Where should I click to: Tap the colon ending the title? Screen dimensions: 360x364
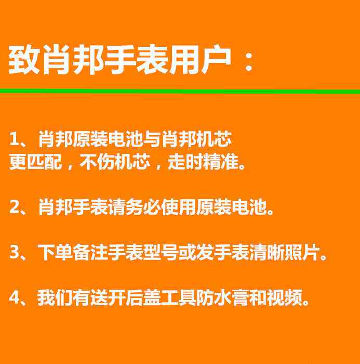point(249,61)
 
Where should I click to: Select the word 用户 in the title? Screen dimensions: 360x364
point(201,60)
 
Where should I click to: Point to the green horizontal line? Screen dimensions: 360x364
point(180,91)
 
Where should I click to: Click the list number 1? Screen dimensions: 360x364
point(14,139)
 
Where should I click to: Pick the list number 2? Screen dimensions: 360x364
point(15,206)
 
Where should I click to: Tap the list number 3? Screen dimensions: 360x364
point(15,252)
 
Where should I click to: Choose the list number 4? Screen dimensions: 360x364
point(15,297)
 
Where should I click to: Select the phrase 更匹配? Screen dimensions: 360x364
point(35,162)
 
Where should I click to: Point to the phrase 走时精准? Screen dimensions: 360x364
point(203,162)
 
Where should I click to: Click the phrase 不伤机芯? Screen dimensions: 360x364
point(115,162)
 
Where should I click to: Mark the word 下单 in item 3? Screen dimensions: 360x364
point(55,252)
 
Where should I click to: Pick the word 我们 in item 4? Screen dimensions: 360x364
point(55,297)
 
